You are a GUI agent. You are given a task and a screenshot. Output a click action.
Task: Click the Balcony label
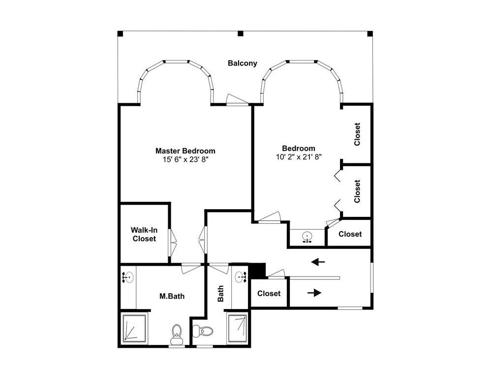point(242,63)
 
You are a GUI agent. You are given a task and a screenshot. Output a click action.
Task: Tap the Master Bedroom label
point(185,151)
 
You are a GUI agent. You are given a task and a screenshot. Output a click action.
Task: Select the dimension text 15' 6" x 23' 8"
point(185,160)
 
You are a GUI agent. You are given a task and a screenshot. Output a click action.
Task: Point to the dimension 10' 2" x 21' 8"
point(299,157)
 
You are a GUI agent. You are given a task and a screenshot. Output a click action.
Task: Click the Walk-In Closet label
point(144,234)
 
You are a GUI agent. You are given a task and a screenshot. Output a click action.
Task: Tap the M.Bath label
point(172,296)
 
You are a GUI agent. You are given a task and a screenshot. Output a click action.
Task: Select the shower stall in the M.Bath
point(134,328)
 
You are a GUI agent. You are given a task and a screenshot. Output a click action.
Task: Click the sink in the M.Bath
point(128,277)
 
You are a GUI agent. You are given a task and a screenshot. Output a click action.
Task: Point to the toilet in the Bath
point(203,331)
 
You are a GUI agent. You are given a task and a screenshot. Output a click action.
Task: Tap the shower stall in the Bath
point(238,328)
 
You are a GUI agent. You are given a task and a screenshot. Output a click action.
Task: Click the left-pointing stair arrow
point(318,262)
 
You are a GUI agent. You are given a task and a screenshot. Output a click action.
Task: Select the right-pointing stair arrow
point(314,293)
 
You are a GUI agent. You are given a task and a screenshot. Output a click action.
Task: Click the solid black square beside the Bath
point(257,271)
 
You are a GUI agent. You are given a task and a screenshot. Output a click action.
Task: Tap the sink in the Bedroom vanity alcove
point(307,237)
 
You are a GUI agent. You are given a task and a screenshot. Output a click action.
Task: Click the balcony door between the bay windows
point(238,100)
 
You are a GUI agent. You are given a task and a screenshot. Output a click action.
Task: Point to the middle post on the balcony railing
point(241,33)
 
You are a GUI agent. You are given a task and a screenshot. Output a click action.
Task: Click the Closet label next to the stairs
point(269,293)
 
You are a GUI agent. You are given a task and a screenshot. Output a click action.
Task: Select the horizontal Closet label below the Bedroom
point(350,234)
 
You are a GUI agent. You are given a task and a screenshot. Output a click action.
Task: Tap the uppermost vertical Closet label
point(357,134)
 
